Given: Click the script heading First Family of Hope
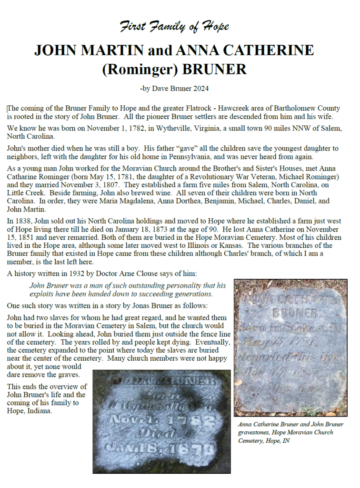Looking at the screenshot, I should pos(174,26).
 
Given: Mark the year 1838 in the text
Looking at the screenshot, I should pos(23,221).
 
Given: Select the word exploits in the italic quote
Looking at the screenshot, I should pos(42,294).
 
